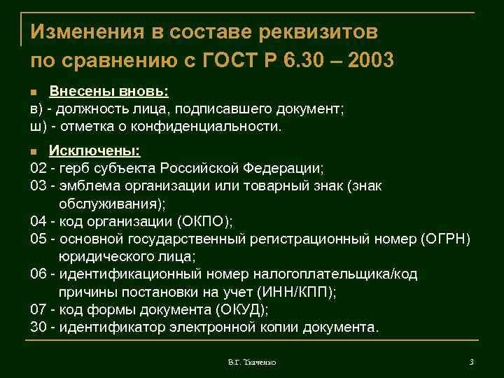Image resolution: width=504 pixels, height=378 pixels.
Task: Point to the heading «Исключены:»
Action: tap(94, 150)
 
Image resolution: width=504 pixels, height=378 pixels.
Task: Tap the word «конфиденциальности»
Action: tap(217, 127)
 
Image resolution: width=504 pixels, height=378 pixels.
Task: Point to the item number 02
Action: tap(38, 168)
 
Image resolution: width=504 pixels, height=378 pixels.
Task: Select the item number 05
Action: tap(38, 239)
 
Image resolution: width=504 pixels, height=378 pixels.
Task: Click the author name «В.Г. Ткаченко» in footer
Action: tap(252, 362)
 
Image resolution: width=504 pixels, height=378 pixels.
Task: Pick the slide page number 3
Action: tap(472, 362)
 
